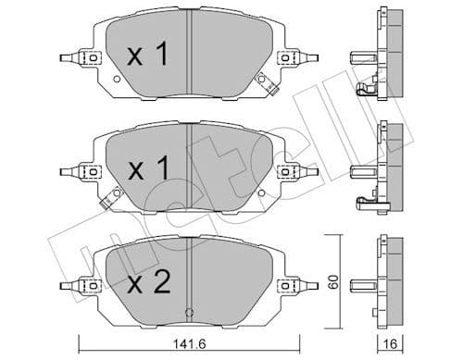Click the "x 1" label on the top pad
tap(147, 55)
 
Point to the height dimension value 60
tap(335, 279)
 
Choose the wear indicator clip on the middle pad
tap(115, 196)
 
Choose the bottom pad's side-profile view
tap(381, 283)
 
